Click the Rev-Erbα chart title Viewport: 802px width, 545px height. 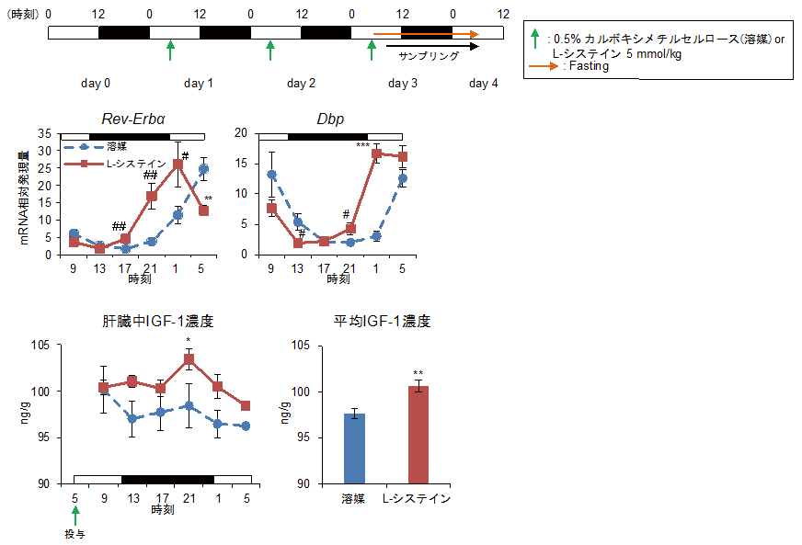[140, 118]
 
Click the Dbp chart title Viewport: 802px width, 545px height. [329, 118]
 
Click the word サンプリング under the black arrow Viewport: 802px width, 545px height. [429, 56]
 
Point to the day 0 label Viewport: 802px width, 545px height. [96, 84]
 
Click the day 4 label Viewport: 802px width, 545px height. [484, 84]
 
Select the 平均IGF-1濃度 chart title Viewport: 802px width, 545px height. [384, 322]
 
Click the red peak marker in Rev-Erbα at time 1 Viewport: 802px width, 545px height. [178, 165]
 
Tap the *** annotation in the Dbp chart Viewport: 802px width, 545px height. [362, 145]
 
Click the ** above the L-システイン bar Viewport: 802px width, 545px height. [418, 373]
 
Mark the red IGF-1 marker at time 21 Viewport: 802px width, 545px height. [189, 360]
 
